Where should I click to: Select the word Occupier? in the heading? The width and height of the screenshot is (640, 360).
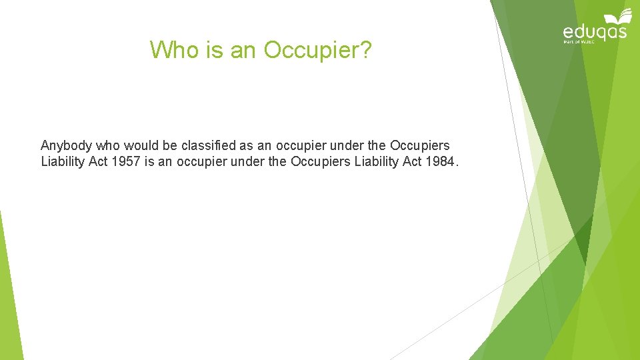(318, 49)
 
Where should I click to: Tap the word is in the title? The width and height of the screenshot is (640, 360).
(216, 49)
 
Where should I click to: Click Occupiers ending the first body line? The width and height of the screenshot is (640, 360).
(419, 145)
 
